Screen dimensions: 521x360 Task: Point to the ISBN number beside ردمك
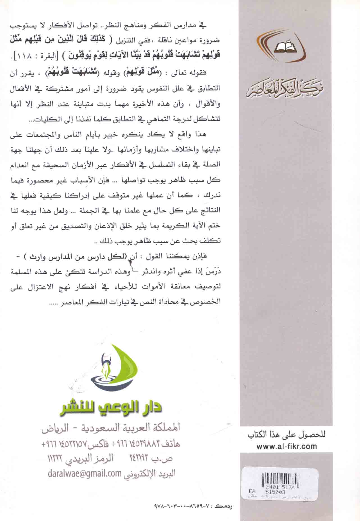(x=183, y=507)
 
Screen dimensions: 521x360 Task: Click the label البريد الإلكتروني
(x=149, y=474)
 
